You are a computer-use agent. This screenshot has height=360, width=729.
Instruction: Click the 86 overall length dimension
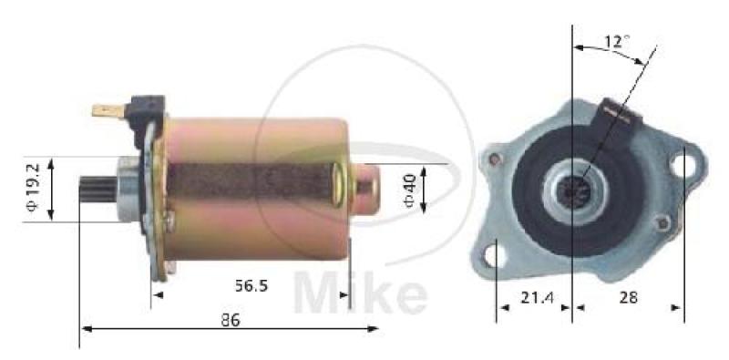click(231, 320)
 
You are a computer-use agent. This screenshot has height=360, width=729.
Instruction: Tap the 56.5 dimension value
click(252, 285)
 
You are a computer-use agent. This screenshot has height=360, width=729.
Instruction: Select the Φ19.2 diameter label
click(33, 187)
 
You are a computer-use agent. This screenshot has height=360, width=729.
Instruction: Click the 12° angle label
click(617, 42)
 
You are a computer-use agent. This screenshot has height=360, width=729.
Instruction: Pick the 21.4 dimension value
click(537, 298)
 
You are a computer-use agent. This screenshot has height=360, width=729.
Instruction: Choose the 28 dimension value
click(628, 298)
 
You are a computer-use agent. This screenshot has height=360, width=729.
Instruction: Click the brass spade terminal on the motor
click(108, 110)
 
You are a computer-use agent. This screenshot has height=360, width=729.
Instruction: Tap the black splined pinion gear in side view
click(98, 190)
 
